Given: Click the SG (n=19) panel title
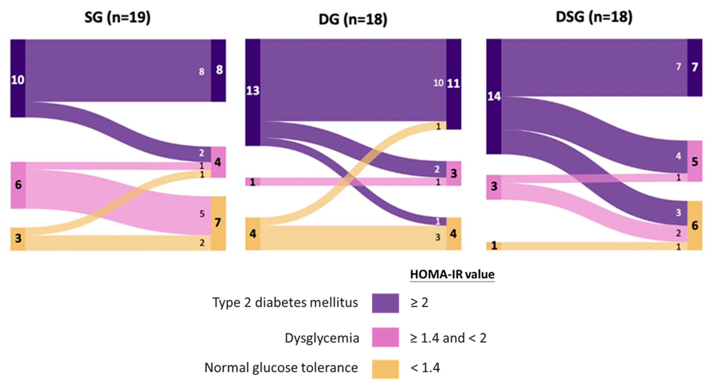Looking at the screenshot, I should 117,18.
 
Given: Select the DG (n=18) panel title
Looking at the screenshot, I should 353,20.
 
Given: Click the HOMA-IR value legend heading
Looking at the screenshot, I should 452,275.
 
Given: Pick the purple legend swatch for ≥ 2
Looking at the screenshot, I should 385,303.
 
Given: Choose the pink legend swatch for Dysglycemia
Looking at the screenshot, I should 385,337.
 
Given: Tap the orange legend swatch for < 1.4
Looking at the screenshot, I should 385,369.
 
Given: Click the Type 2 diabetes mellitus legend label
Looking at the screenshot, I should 285,302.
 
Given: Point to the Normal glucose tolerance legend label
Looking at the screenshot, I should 281,368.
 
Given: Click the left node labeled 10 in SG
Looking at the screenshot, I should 18,79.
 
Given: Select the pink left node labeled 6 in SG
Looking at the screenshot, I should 18,185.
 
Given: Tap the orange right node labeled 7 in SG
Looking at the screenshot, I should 218,223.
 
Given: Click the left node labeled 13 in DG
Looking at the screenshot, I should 253,92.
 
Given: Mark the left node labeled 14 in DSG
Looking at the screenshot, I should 494,97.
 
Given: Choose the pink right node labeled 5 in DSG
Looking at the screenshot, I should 695,161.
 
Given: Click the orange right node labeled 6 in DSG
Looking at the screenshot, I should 695,225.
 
